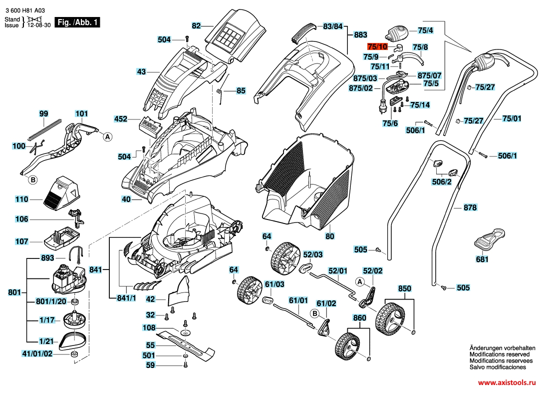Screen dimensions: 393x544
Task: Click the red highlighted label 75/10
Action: [377, 46]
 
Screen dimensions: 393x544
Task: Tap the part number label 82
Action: [196, 25]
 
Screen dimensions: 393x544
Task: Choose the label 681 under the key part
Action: [482, 259]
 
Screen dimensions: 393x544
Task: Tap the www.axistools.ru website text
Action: [506, 382]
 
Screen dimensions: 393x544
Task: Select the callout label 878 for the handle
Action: [470, 207]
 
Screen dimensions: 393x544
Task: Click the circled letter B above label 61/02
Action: [315, 313]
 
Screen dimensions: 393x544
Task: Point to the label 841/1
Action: [126, 298]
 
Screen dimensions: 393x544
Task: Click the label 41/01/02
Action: [37, 353]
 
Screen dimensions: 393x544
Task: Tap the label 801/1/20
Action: [51, 301]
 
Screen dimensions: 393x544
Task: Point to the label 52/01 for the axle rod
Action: [337, 271]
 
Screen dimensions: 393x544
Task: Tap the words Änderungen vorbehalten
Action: [502, 347]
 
